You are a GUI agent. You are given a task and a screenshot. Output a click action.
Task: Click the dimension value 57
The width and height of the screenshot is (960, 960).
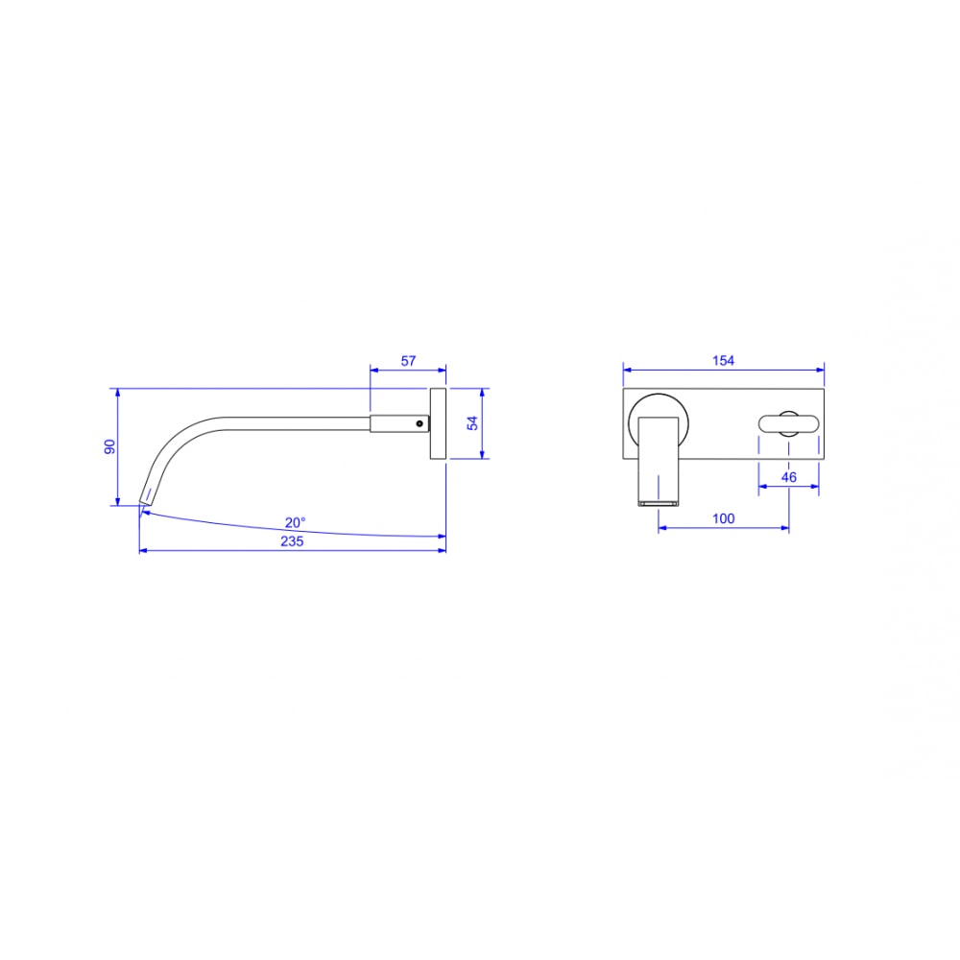click(x=408, y=361)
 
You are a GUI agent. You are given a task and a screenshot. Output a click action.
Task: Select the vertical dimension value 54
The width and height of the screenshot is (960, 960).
click(x=472, y=423)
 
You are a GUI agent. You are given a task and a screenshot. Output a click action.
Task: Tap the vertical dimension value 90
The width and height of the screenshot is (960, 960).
click(x=109, y=447)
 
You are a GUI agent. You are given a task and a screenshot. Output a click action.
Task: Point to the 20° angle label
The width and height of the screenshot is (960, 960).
click(x=295, y=522)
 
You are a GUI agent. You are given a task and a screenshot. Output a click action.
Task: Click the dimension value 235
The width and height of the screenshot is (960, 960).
click(x=292, y=541)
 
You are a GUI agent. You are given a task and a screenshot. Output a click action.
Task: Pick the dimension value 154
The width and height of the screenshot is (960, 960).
click(x=723, y=361)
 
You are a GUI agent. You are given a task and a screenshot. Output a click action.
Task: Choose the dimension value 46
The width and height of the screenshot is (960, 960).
click(x=788, y=477)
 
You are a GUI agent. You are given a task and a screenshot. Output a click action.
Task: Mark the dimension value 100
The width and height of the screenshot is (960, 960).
click(x=723, y=518)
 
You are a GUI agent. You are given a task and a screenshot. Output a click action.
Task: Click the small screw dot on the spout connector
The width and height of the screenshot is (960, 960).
click(x=420, y=423)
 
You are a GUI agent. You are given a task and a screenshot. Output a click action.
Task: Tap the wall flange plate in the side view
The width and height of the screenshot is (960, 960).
click(x=438, y=423)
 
